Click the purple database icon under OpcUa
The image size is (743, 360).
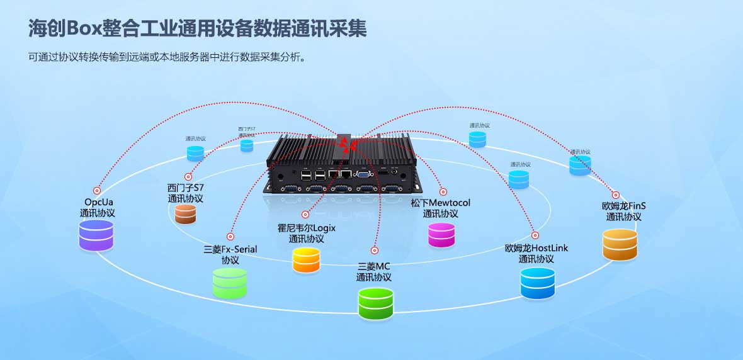coord(96,235)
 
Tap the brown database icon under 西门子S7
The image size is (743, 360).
coord(186,214)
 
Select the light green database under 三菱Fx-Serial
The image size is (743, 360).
coord(230,283)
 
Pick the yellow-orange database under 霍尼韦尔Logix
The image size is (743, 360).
coord(307,260)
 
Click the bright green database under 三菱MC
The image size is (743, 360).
coord(376,303)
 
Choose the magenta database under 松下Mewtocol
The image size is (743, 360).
coord(441,235)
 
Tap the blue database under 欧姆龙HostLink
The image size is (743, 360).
coord(538,283)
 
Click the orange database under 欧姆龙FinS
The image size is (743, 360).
coord(620,244)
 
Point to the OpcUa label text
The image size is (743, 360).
coord(98,202)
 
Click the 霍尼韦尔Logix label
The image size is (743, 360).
coord(307,228)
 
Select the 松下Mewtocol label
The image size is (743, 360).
coord(441,203)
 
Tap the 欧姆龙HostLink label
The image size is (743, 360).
coord(536,248)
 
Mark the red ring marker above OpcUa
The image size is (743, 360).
coord(97,190)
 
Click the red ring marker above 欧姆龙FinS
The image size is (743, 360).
coord(616,195)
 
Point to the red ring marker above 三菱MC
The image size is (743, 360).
coord(375,250)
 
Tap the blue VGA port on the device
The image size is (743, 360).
coord(365,175)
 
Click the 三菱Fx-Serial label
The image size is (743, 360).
coord(230,249)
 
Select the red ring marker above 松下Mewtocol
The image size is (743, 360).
coord(443,191)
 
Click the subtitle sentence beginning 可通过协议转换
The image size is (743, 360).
coord(167,57)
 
